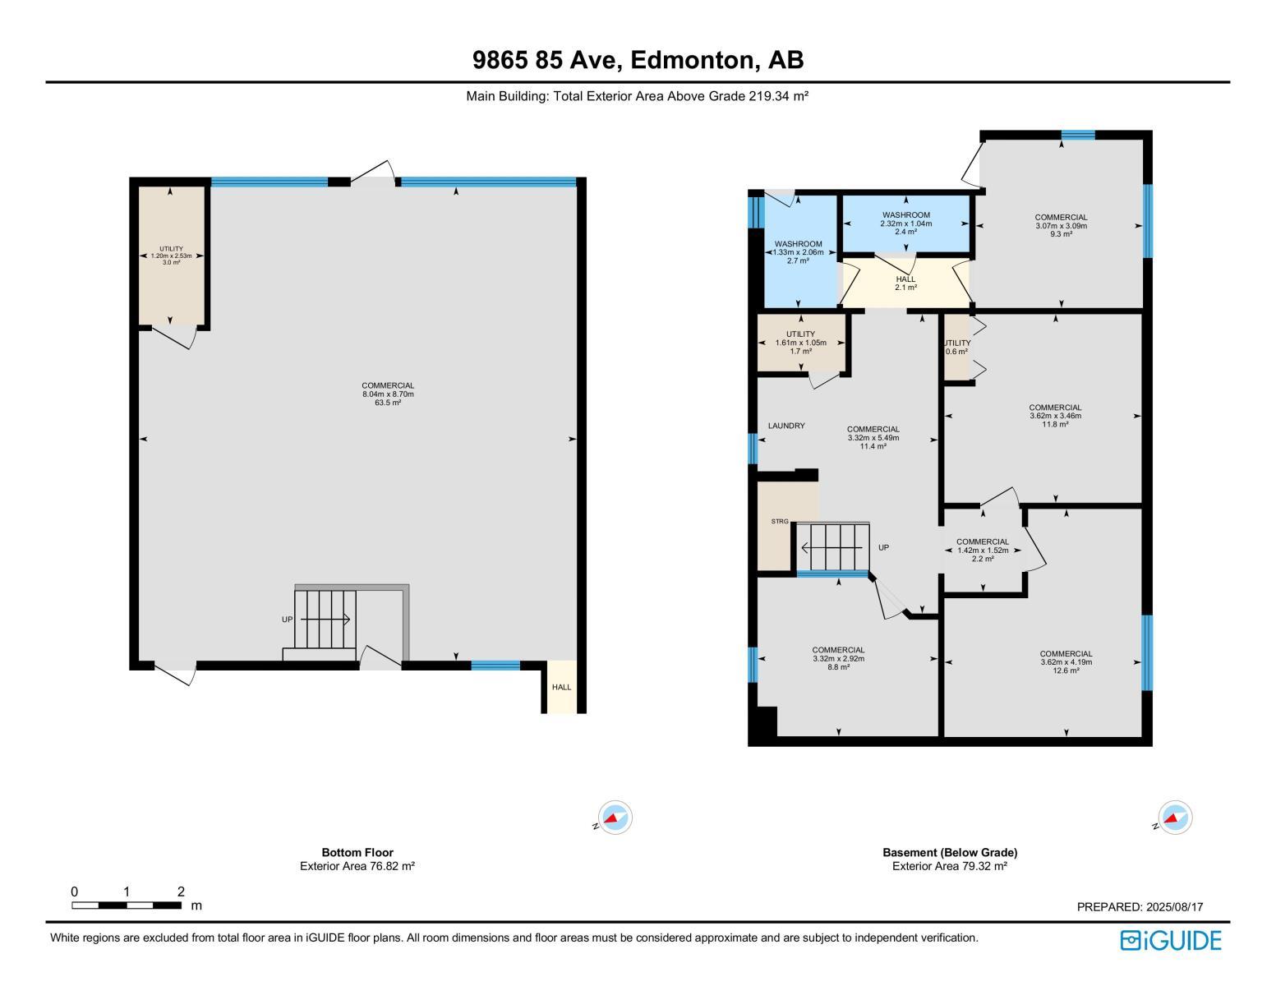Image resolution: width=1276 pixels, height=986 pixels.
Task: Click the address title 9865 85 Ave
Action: point(638,60)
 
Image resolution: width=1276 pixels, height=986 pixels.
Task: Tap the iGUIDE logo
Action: point(1171,940)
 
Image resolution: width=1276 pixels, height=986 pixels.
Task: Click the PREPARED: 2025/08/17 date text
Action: point(1140,907)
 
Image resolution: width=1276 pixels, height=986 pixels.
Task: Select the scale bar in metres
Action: point(127,905)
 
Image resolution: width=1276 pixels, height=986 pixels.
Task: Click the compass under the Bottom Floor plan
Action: point(615,818)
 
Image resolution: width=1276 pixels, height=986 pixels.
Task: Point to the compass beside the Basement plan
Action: point(1175,818)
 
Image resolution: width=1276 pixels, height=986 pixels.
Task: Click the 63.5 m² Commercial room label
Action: point(388,394)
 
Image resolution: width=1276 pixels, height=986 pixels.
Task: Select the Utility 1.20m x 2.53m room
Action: point(171,255)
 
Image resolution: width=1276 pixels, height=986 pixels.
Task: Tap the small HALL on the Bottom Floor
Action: point(561,687)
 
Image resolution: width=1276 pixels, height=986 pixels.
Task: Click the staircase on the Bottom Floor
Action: point(325,619)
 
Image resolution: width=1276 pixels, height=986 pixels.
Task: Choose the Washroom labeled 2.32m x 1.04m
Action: point(905,223)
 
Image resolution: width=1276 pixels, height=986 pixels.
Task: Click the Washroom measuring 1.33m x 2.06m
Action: point(798,251)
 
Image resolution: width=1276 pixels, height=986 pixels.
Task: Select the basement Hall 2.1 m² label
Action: point(905,283)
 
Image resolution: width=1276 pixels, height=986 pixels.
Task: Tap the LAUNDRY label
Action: point(786,426)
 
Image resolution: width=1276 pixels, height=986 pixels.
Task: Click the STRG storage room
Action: point(779,522)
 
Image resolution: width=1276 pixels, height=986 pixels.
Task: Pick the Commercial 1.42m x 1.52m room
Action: point(983,550)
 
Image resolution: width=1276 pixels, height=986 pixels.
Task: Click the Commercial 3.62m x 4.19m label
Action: point(1066,662)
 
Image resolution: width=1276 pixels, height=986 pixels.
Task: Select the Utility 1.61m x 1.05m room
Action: point(800,343)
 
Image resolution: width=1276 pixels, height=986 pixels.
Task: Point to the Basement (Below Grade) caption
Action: point(950,853)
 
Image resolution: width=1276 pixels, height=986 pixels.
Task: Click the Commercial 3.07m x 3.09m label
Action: point(1061,225)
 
